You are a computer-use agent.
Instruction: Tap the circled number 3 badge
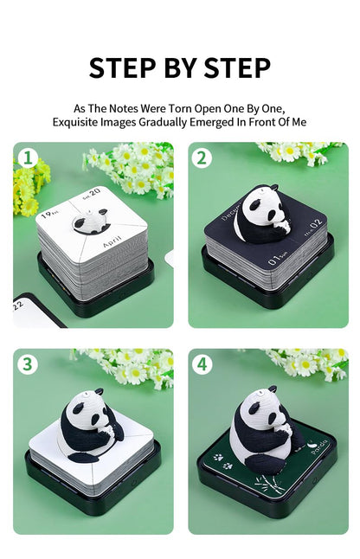click(29, 364)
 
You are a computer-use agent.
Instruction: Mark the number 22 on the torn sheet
click(19, 305)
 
